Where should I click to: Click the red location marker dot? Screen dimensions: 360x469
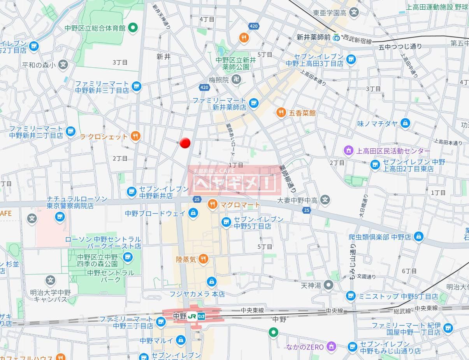(x=185, y=143)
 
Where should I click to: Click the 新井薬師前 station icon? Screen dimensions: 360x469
(x=336, y=37)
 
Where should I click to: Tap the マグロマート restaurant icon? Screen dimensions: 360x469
(x=213, y=204)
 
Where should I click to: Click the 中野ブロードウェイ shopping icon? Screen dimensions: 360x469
(x=193, y=213)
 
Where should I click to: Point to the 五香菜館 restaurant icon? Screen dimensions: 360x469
(x=281, y=113)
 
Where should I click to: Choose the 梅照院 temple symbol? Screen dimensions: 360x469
(x=236, y=80)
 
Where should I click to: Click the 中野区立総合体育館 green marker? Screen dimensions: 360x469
(x=133, y=28)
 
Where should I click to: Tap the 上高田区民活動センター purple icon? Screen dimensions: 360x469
(x=348, y=150)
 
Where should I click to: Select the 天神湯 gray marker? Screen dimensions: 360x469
(x=329, y=285)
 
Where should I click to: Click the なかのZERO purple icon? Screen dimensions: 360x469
(x=331, y=346)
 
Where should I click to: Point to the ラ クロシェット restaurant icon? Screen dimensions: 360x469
(x=135, y=136)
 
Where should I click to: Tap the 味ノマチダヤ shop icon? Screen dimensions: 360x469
(x=406, y=123)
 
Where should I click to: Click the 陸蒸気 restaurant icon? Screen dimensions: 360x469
(x=203, y=259)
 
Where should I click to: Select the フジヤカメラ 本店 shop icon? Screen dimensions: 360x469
(x=211, y=281)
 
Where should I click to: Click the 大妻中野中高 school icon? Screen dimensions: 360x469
(x=325, y=200)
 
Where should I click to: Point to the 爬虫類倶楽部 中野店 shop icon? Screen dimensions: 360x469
(x=418, y=236)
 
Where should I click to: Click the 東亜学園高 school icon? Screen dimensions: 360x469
(x=354, y=13)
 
